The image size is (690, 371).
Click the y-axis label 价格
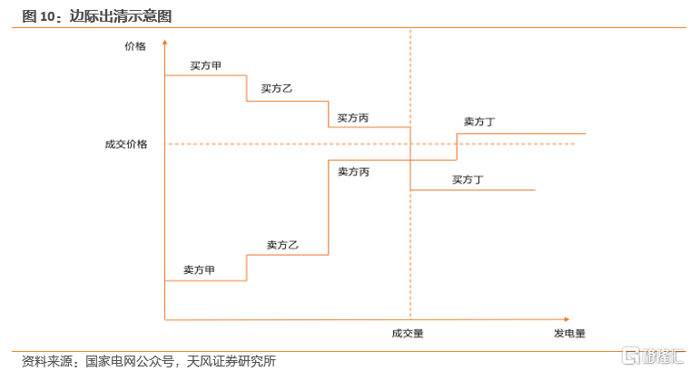point(135,46)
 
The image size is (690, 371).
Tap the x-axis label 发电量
point(569,333)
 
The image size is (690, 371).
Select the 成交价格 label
point(126,143)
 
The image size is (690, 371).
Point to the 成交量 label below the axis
point(408,333)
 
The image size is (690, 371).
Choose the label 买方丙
point(352,117)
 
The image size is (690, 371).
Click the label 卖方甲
point(199,269)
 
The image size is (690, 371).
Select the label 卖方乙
point(282,244)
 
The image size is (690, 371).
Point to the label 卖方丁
point(478,121)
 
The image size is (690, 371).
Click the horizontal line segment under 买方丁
point(472,190)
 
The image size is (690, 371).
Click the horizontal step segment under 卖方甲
point(205,280)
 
